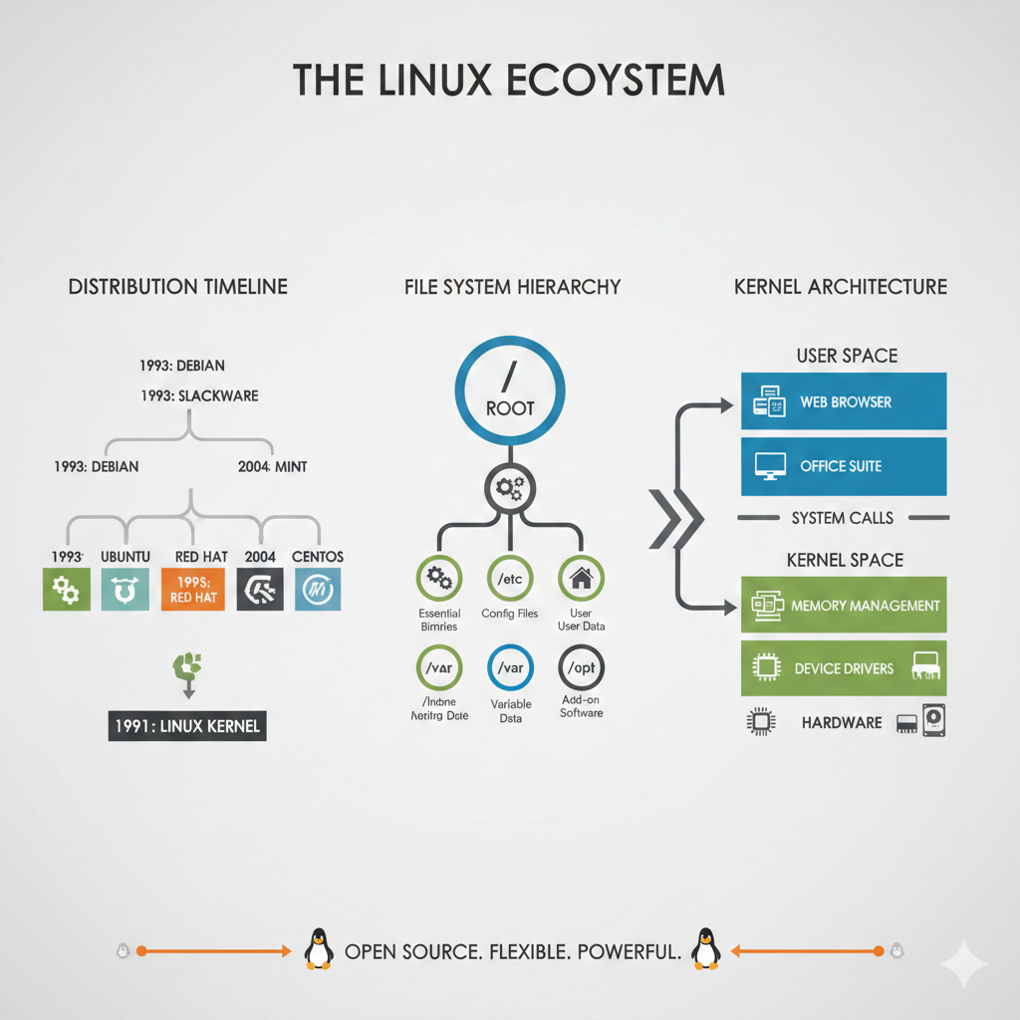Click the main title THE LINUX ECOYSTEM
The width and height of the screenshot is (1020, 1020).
point(509,81)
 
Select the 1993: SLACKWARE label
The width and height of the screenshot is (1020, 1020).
point(199,395)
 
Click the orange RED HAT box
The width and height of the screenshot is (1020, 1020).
point(192,589)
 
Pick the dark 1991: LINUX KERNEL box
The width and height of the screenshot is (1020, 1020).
point(186,725)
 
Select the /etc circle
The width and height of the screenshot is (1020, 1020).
point(510,577)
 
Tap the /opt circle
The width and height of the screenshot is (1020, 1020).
point(581,667)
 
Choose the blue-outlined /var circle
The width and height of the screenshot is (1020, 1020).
point(510,667)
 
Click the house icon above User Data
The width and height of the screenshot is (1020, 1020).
point(581,577)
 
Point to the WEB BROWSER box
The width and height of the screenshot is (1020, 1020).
point(843,402)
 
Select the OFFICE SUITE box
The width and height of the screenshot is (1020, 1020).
point(843,466)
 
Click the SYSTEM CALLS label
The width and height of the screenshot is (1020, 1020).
point(843,518)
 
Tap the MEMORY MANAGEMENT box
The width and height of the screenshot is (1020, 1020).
point(843,606)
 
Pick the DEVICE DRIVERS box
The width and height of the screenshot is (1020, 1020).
point(843,668)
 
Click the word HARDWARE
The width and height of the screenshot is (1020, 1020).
point(842,722)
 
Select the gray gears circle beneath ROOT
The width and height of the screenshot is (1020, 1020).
point(510,488)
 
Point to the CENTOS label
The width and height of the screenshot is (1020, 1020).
point(318,556)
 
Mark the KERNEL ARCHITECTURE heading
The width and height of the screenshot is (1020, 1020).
point(841,287)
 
